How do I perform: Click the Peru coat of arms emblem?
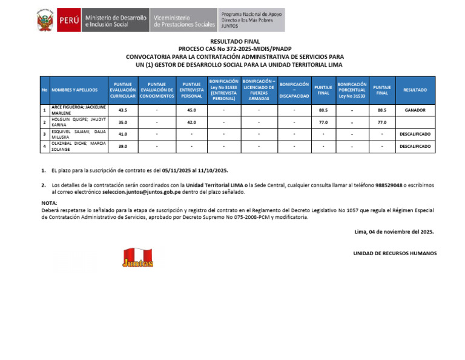tap(45, 21)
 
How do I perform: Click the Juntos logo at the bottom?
tap(138, 258)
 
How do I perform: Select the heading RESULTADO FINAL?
tap(234, 41)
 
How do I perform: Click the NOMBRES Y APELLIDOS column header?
tap(74, 90)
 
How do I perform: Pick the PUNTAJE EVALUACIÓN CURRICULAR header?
tap(123, 90)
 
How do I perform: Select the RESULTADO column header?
tap(415, 90)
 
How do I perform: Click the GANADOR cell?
tap(415, 110)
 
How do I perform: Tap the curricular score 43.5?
tap(123, 110)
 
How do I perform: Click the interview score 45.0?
tap(191, 110)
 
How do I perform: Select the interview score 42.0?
tap(191, 122)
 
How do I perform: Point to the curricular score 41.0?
tap(123, 134)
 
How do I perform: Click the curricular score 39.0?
tap(123, 146)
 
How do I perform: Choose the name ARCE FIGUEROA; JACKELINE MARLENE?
tap(78, 110)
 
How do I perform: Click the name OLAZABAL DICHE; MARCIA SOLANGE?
tap(78, 146)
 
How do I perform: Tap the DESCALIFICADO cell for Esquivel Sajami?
tap(415, 134)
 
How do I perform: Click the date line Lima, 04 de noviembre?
tap(394, 232)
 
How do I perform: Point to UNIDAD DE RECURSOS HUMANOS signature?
tap(395, 253)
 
